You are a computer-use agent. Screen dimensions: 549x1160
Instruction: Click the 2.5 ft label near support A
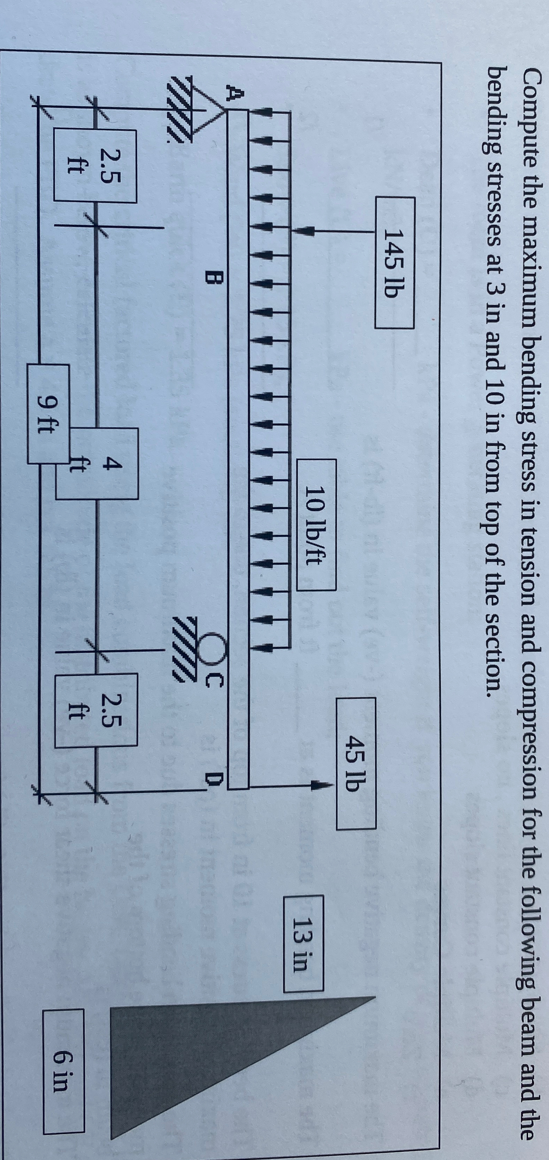[95, 166]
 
